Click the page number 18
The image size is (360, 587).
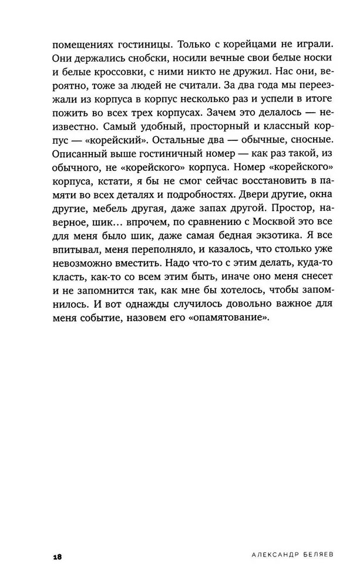coord(56,555)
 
